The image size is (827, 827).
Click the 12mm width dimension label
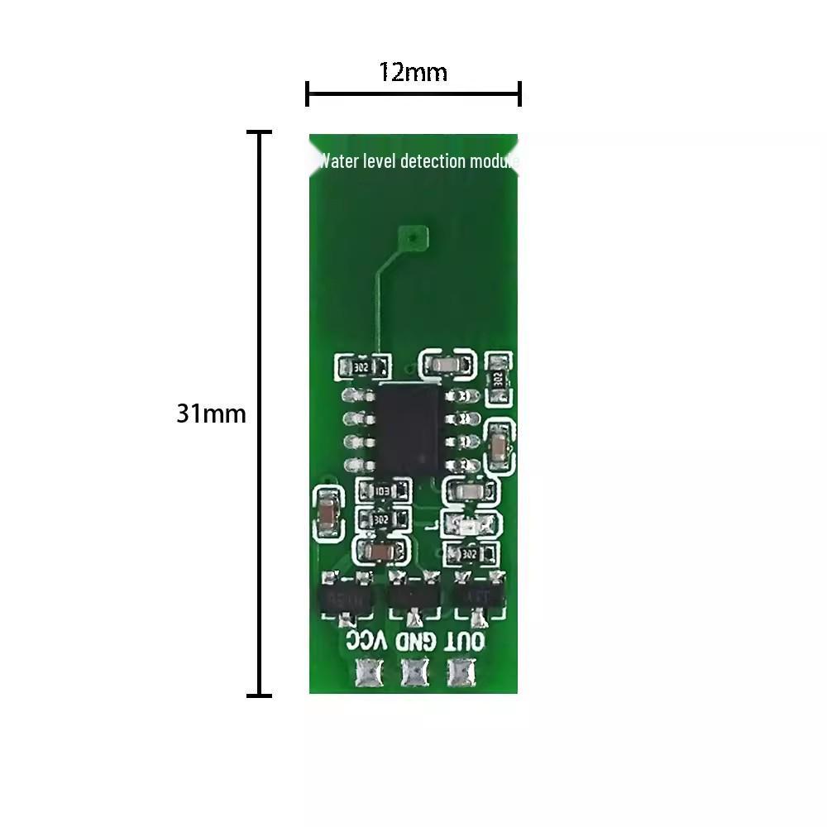point(413,73)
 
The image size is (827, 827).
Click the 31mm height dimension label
point(211,413)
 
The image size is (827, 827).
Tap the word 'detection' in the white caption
point(433,160)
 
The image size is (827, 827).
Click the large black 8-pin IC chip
point(409,428)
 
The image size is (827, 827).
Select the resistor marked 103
point(382,491)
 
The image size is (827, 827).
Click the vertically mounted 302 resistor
point(497,379)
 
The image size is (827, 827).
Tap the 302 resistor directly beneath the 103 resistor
point(381,519)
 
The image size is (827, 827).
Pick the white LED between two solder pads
point(470,524)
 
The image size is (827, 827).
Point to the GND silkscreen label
point(413,640)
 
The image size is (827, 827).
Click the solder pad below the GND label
point(413,673)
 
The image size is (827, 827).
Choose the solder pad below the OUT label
point(461,673)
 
